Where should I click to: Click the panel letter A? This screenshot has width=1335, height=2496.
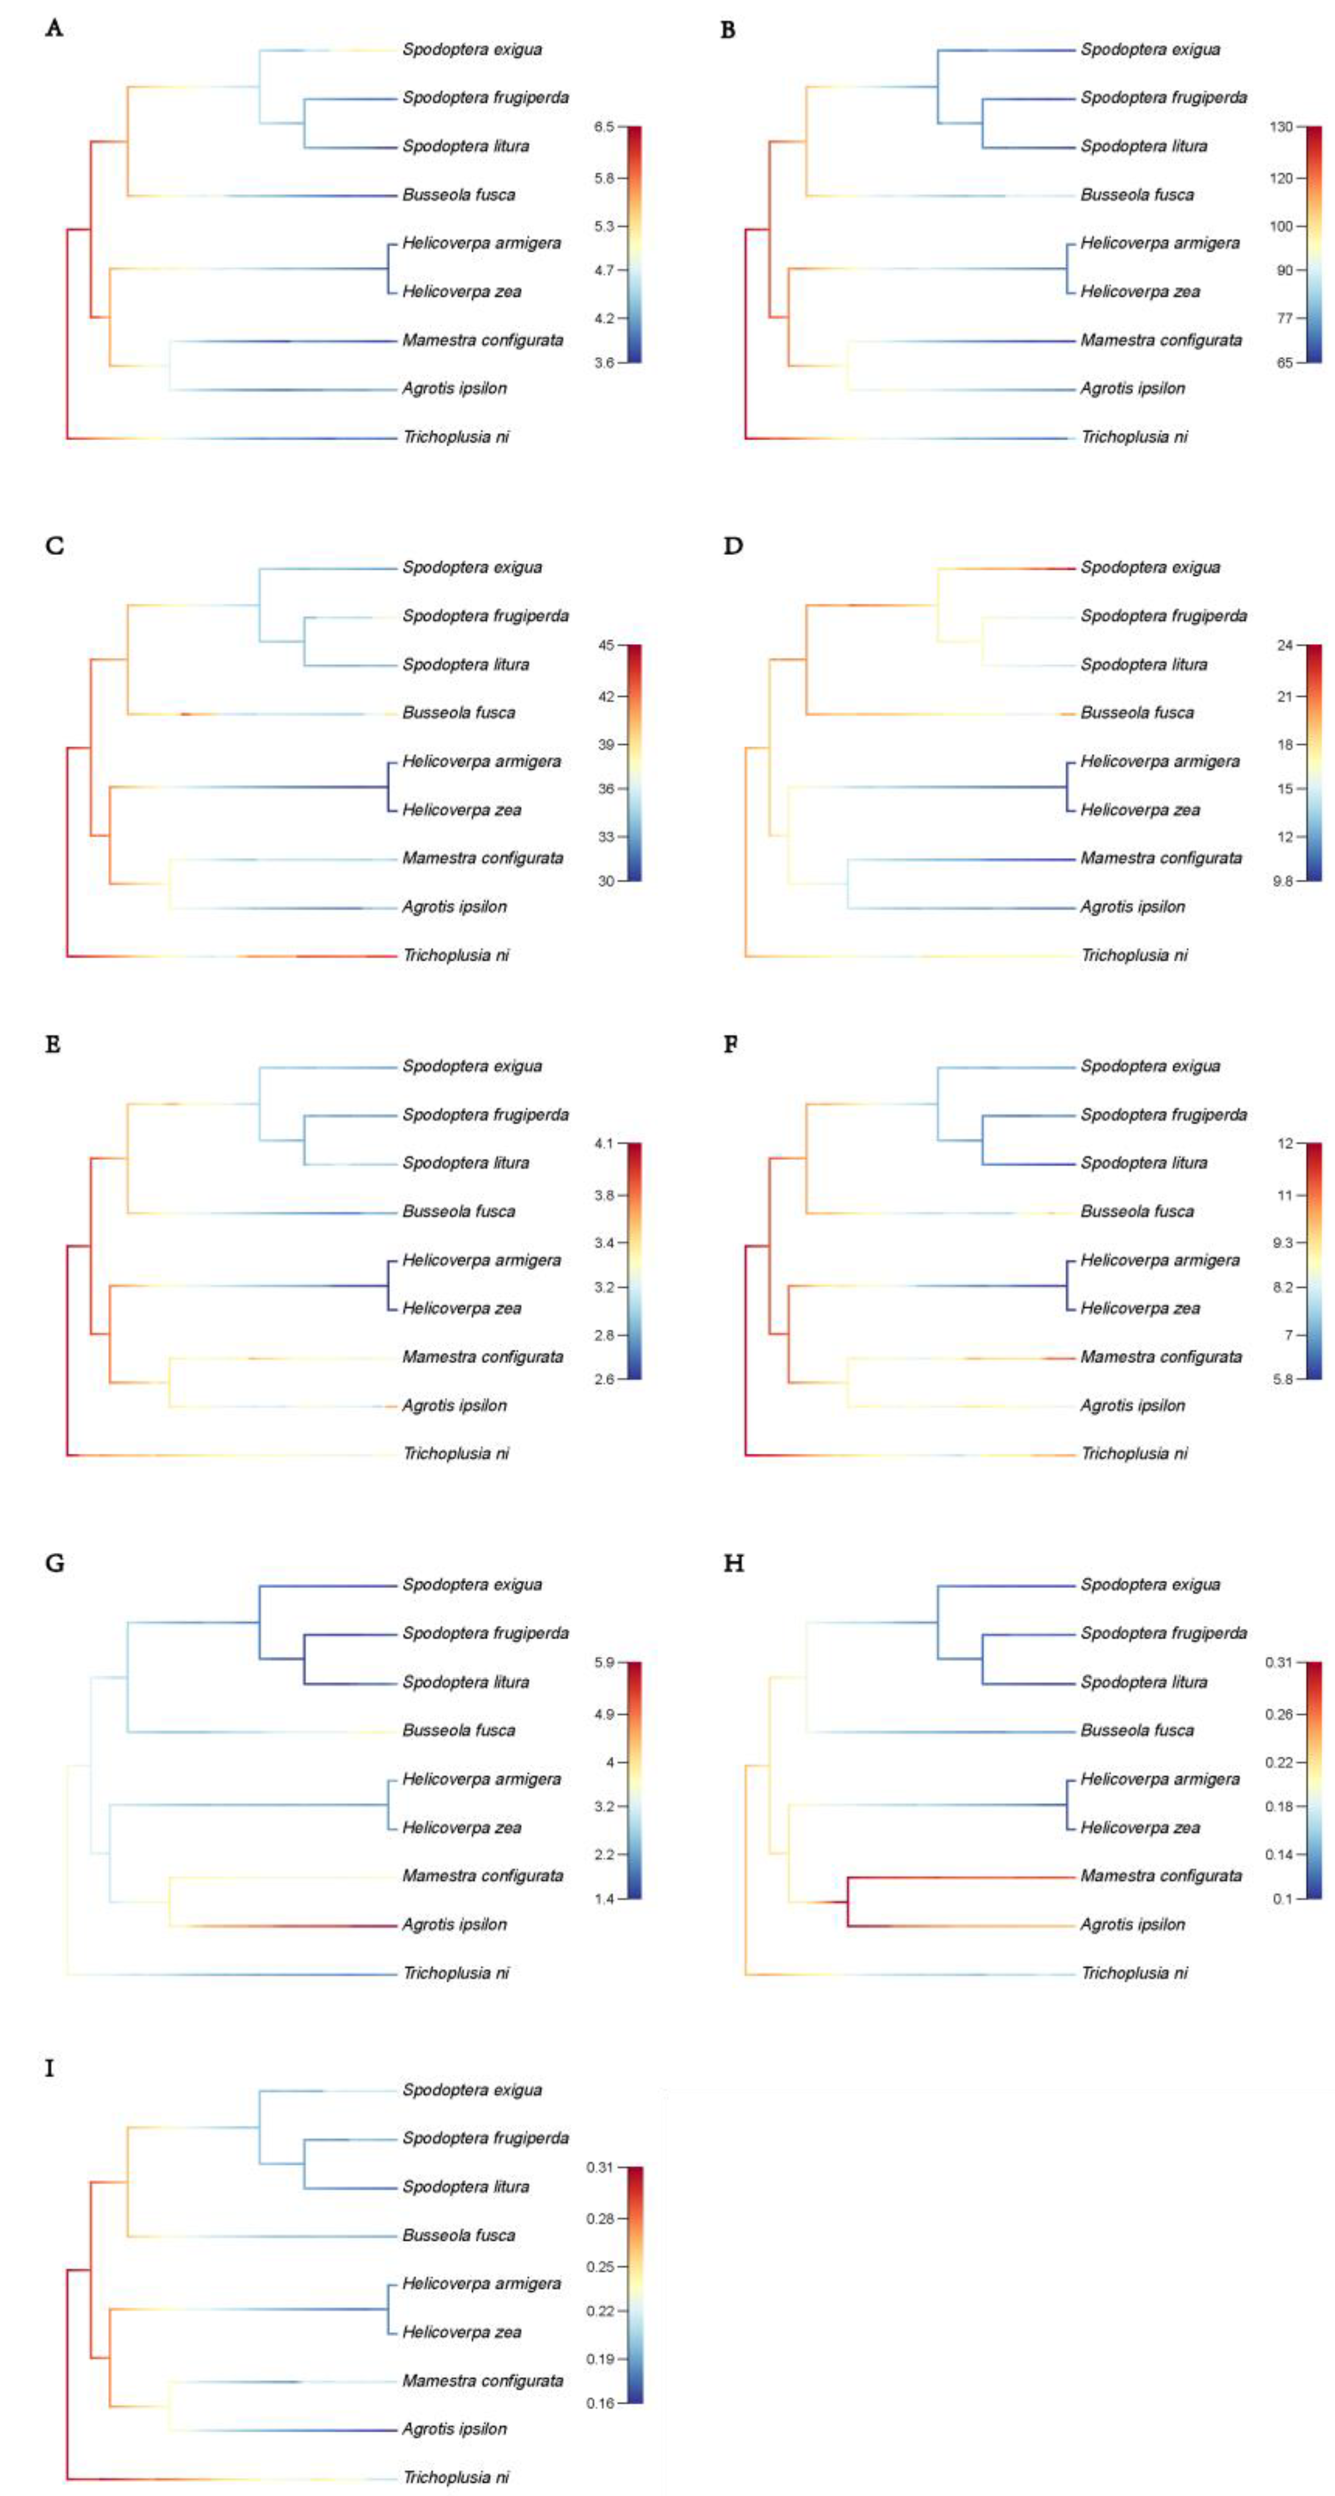(x=54, y=28)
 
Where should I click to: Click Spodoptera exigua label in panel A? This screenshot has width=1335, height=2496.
(x=472, y=50)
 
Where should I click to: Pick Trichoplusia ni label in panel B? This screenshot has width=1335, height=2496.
(x=1134, y=437)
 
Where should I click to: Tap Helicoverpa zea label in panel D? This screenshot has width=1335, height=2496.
(x=1139, y=810)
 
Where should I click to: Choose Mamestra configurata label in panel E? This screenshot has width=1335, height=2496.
(x=483, y=1357)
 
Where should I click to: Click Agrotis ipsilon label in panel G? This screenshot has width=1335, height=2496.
(x=454, y=1924)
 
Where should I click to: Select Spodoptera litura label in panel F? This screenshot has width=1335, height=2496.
(x=1143, y=1163)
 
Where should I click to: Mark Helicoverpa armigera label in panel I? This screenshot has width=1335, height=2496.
(x=482, y=2283)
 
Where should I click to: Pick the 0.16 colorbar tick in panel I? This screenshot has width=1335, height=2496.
(x=600, y=2403)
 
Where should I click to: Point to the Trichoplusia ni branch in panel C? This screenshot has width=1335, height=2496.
(x=232, y=957)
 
